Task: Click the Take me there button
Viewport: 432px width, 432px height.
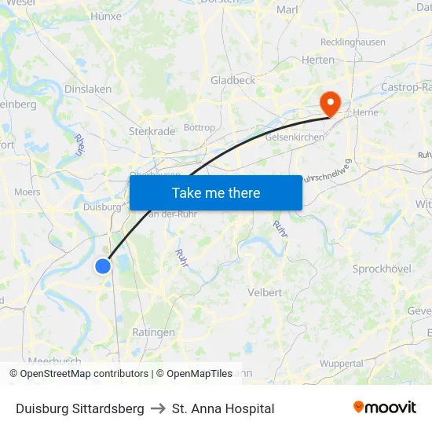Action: (x=216, y=192)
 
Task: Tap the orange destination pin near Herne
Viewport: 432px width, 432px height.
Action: (x=328, y=102)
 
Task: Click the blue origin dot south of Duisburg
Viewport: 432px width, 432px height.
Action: (x=103, y=266)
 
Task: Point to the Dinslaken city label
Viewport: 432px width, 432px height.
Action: (x=87, y=90)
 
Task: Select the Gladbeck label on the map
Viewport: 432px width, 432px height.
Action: (x=232, y=80)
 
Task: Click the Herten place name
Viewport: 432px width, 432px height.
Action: (x=318, y=60)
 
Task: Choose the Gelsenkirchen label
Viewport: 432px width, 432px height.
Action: (x=295, y=137)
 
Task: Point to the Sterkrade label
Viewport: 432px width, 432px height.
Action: (x=152, y=131)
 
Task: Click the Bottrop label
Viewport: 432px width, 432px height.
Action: (x=199, y=127)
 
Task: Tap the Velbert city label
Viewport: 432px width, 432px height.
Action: (x=265, y=292)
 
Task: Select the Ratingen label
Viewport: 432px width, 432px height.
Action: (x=153, y=332)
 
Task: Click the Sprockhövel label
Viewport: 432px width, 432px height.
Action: (x=382, y=269)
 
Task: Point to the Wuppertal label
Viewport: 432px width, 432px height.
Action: (x=342, y=364)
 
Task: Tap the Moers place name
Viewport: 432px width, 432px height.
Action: (x=27, y=192)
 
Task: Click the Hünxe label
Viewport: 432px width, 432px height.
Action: (x=106, y=16)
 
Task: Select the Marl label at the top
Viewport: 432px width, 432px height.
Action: (x=287, y=10)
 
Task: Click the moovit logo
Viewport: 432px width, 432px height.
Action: (x=384, y=408)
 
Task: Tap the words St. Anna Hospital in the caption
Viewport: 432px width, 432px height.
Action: (x=223, y=408)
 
